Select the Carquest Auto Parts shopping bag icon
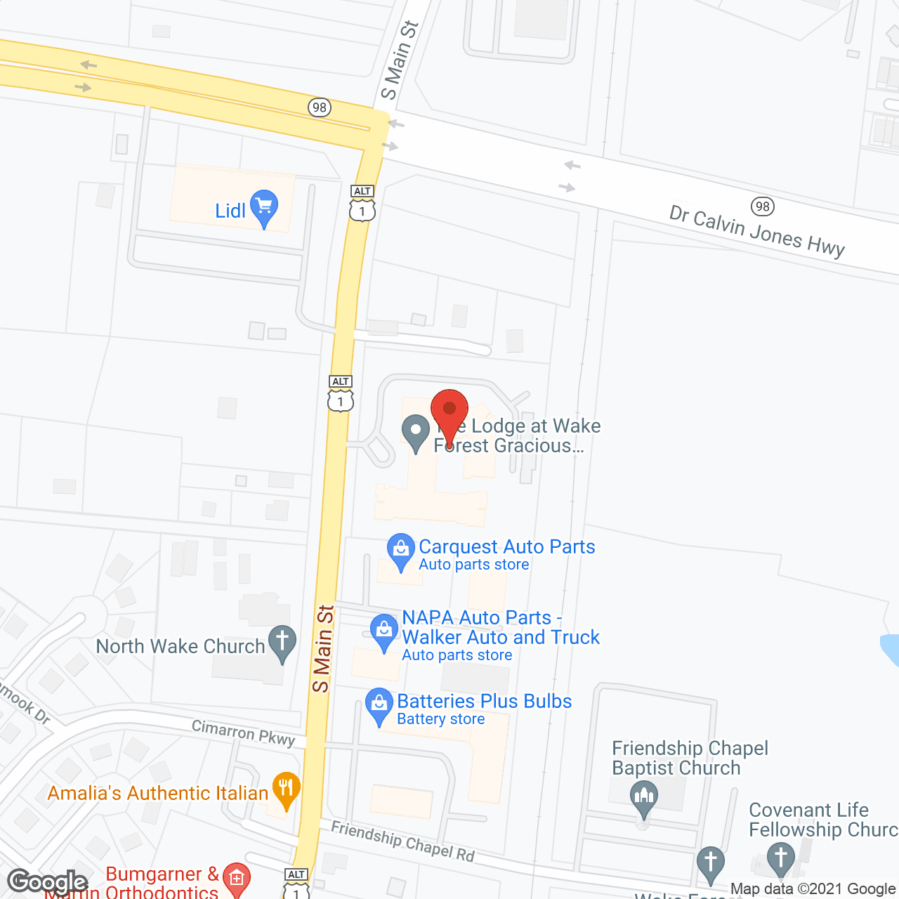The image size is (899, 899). pyautogui.click(x=401, y=551)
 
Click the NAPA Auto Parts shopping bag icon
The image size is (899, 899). pyautogui.click(x=384, y=631)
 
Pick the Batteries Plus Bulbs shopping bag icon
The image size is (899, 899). pyautogui.click(x=379, y=705)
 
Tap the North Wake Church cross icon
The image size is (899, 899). pyautogui.click(x=282, y=643)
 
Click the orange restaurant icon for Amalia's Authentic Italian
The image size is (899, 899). pyautogui.click(x=286, y=789)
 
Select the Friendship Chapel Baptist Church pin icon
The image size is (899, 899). pyautogui.click(x=643, y=799)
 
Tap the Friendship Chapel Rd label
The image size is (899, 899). pyautogui.click(x=403, y=841)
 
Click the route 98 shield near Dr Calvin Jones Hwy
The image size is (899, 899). pyautogui.click(x=762, y=206)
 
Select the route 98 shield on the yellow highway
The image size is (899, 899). pyautogui.click(x=319, y=107)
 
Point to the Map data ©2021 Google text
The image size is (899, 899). pyautogui.click(x=813, y=888)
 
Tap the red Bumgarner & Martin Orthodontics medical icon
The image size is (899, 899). pyautogui.click(x=236, y=879)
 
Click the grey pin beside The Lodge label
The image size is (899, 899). pyautogui.click(x=415, y=432)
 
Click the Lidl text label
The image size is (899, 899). pyautogui.click(x=230, y=211)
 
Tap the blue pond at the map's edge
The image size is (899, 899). pyautogui.click(x=891, y=649)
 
